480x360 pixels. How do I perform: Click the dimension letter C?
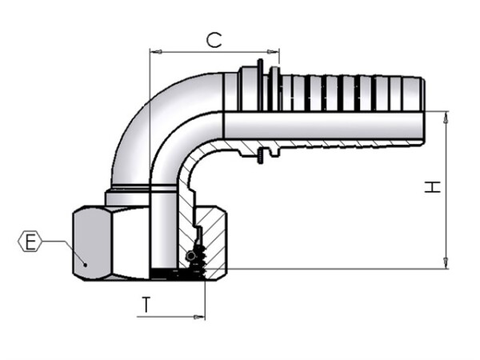coord(214,41)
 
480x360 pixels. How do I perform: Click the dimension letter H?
coord(432,186)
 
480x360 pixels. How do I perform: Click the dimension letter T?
coord(146,304)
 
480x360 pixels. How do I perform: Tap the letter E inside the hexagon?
coord(30,242)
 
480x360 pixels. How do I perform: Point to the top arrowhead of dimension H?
coord(446,118)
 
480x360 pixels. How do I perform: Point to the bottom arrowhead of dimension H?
coord(446,263)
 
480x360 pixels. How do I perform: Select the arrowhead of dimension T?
coord(199,317)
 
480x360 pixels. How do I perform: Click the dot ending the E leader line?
coord(86,265)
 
